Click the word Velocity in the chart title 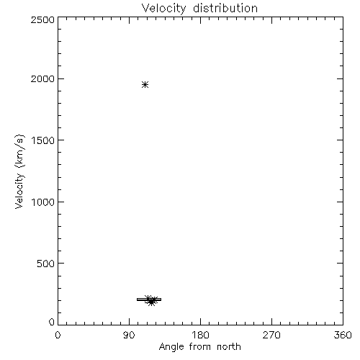[164, 9]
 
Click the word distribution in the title [225, 8]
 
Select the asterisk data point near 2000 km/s [145, 84]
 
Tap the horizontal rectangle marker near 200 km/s [149, 300]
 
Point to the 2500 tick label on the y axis [42, 19]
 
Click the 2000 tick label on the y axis [42, 78]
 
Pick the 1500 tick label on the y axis [43, 140]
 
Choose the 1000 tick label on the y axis [43, 202]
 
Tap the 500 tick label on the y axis [46, 264]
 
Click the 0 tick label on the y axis [52, 322]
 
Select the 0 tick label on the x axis [58, 335]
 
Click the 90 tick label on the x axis [129, 335]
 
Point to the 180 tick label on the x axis [200, 335]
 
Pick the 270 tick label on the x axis [271, 335]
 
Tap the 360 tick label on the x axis [343, 335]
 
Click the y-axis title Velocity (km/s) [19, 171]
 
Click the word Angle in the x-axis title [171, 347]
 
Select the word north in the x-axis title [229, 346]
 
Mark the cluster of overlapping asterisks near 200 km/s [151, 300]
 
